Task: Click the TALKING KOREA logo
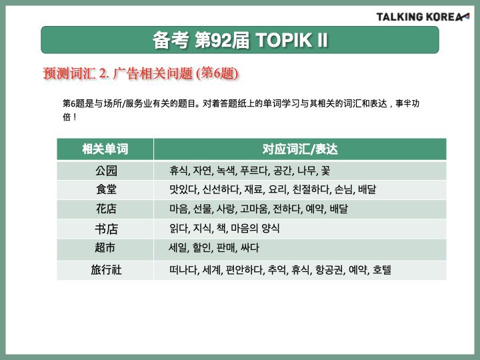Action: pyautogui.click(x=423, y=17)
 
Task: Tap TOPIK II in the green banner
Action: pyautogui.click(x=292, y=40)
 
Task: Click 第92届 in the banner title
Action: pyautogui.click(x=222, y=40)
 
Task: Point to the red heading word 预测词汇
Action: pyautogui.click(x=69, y=73)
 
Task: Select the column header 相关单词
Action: pyautogui.click(x=105, y=149)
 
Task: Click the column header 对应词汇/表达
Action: pyautogui.click(x=300, y=149)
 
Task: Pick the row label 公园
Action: pyautogui.click(x=106, y=171)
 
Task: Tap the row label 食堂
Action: pyautogui.click(x=106, y=189)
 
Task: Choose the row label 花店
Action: pyautogui.click(x=106, y=209)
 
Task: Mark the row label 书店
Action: pyautogui.click(x=106, y=229)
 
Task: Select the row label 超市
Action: pyautogui.click(x=105, y=247)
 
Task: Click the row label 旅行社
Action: pyautogui.click(x=106, y=270)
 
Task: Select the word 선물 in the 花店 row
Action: pyautogui.click(x=203, y=209)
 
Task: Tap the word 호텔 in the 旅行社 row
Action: pyautogui.click(x=382, y=270)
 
